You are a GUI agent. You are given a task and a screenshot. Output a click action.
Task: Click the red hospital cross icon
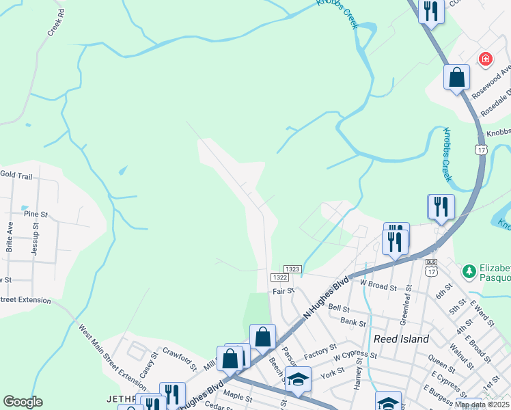(486, 59)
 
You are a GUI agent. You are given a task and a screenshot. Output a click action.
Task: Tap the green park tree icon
(469, 272)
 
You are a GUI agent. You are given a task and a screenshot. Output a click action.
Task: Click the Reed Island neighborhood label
(401, 339)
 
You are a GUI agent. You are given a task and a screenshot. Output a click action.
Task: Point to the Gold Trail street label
(16, 176)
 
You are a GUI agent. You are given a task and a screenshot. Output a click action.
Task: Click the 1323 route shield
(293, 270)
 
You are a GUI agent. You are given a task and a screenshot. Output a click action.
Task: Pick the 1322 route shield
(279, 277)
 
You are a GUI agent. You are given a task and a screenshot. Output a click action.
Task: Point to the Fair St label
(283, 291)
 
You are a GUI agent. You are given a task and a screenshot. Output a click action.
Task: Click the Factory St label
(317, 353)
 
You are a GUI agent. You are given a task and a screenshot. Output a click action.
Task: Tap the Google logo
(23, 402)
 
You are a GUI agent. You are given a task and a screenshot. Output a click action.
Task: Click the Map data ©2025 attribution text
(482, 405)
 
